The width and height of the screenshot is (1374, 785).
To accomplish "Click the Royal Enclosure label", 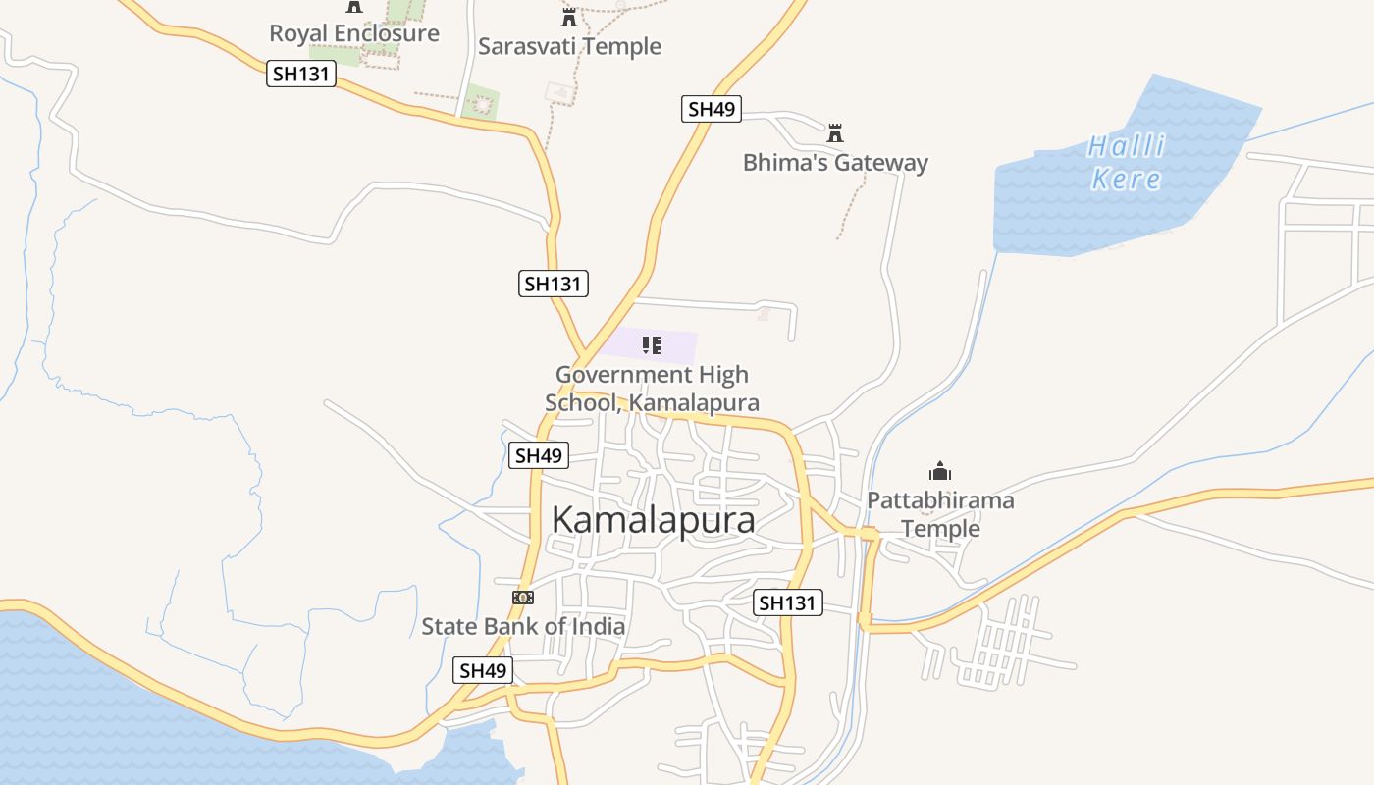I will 354,33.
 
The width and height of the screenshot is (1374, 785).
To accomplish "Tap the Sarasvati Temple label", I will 569,46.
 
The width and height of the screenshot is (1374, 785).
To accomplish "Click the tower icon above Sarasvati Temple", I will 569,17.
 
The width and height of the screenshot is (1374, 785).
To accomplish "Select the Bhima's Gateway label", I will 835,162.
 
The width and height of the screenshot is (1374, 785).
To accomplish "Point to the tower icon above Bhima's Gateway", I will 835,132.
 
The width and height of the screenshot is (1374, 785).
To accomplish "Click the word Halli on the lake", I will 1126,147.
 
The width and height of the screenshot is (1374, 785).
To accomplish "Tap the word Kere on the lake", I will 1126,180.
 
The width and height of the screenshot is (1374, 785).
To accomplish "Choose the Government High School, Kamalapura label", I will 652,389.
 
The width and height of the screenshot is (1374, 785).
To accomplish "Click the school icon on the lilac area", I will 652,344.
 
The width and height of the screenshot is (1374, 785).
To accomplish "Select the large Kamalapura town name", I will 654,520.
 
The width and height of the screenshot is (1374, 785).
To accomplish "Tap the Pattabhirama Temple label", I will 940,514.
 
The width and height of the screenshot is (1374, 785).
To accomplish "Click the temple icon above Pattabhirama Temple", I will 940,472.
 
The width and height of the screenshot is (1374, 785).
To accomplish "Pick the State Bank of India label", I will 523,626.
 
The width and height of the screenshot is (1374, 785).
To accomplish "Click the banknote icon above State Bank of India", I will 523,597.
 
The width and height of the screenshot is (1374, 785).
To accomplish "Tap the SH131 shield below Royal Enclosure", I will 301,74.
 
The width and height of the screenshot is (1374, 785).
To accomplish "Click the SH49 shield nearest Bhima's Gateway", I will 712,109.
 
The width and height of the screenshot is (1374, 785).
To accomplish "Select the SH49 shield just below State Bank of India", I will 483,671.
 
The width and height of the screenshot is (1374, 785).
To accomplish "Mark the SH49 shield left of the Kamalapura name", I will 539,455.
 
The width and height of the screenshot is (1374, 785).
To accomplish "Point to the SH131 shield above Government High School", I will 554,285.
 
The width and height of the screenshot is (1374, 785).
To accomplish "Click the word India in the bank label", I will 596,626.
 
